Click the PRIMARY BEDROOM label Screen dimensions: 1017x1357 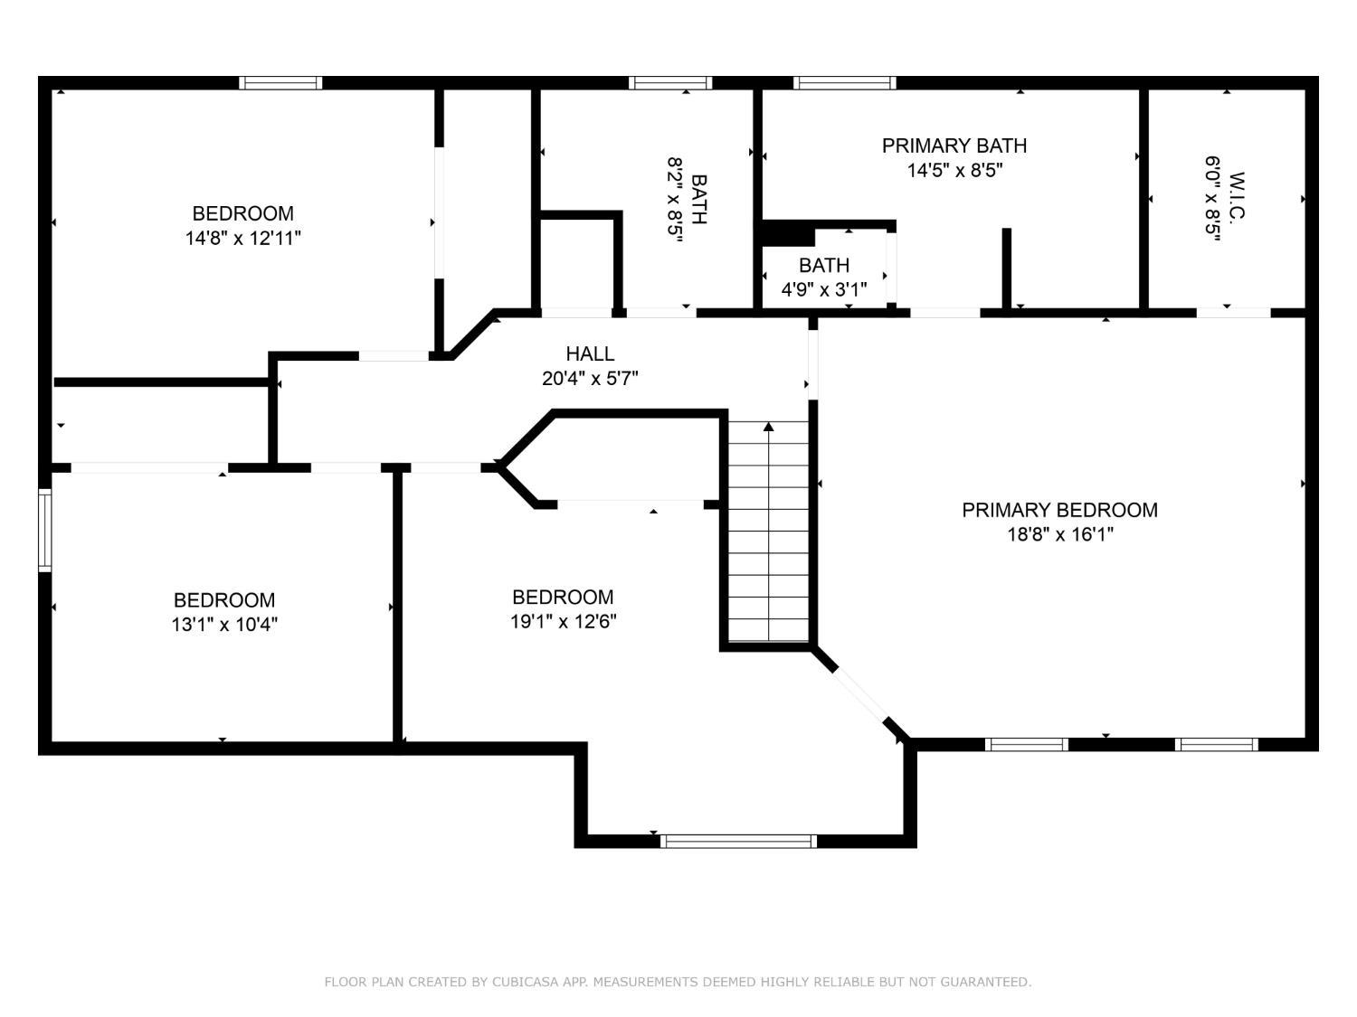(x=1059, y=510)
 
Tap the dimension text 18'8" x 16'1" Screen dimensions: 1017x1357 (x=1059, y=534)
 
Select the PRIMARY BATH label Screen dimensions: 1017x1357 (x=954, y=146)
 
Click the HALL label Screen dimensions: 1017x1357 (x=590, y=354)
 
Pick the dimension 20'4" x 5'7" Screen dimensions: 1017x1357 (x=590, y=379)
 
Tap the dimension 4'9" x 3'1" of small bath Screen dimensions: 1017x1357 (x=823, y=289)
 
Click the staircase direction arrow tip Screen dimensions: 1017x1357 (x=768, y=426)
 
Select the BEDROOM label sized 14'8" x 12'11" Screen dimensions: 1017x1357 (x=242, y=214)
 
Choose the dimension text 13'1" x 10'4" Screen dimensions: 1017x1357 (x=224, y=625)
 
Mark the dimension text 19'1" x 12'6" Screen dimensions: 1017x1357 (x=563, y=622)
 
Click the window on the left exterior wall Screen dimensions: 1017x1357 (x=44, y=530)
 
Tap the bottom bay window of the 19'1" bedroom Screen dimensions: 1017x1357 (x=738, y=841)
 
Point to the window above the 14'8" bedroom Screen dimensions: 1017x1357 (x=280, y=83)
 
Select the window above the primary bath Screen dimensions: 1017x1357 (x=845, y=83)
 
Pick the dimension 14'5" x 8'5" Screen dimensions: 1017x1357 (x=954, y=170)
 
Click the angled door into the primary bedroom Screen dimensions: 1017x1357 (x=859, y=692)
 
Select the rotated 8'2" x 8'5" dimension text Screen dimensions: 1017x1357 (x=675, y=200)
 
